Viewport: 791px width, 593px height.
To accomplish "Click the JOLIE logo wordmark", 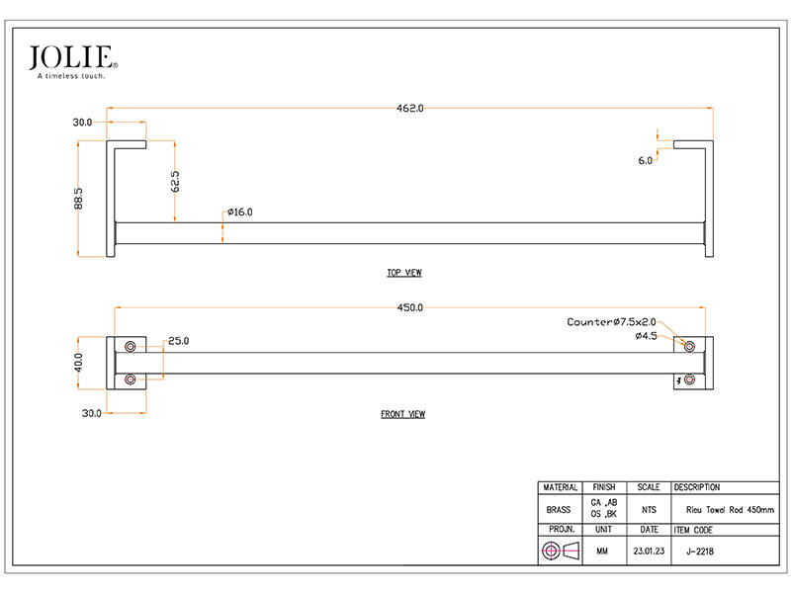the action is click(x=71, y=57).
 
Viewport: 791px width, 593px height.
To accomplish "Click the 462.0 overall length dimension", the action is click(x=409, y=109).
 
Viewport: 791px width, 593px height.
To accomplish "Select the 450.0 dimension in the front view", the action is click(x=409, y=307).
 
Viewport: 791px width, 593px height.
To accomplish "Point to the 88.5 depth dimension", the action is click(x=78, y=199).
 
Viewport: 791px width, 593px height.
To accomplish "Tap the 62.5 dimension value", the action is click(x=175, y=181).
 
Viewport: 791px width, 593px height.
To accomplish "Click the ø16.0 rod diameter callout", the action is click(x=239, y=212).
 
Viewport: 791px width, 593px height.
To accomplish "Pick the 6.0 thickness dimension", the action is click(x=646, y=161).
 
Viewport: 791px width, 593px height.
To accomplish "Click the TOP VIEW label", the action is click(x=404, y=273).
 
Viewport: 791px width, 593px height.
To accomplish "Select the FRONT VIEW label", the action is click(x=402, y=414).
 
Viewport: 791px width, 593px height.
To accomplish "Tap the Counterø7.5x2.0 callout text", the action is click(x=611, y=322).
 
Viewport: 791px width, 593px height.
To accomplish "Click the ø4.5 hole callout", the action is click(x=647, y=336).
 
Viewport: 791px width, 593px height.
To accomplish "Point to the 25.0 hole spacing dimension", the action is click(x=179, y=341).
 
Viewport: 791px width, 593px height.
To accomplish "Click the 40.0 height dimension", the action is click(x=78, y=363).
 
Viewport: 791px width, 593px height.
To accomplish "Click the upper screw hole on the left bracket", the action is click(x=131, y=347).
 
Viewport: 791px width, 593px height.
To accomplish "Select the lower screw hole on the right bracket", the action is click(x=689, y=380).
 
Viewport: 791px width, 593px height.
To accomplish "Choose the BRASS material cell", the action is click(x=559, y=510).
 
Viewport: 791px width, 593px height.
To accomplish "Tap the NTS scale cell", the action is click(x=649, y=510).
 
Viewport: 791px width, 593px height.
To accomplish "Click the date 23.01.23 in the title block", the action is click(x=649, y=551).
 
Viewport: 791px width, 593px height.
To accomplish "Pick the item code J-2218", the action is click(x=700, y=551).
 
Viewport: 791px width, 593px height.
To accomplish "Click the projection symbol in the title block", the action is click(x=560, y=551).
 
